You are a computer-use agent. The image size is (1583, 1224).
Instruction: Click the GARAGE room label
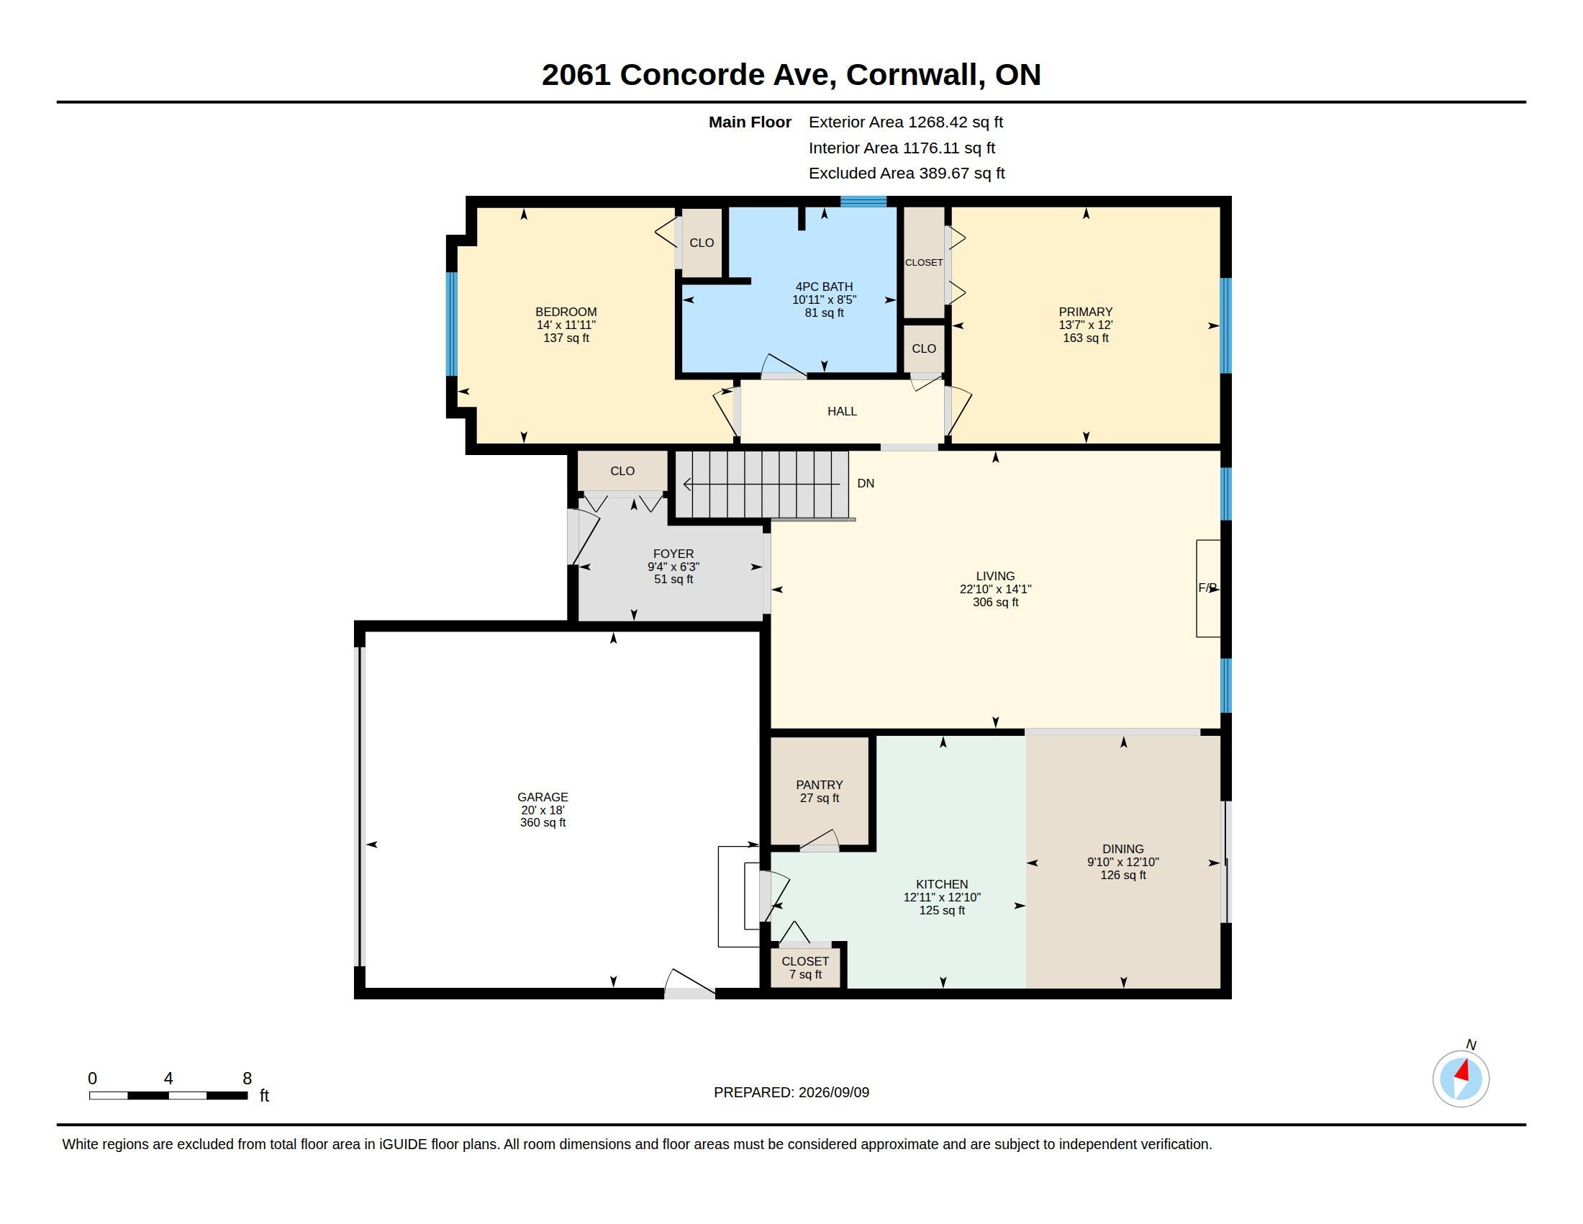tap(542, 796)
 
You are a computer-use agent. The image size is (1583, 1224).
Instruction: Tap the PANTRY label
tap(819, 785)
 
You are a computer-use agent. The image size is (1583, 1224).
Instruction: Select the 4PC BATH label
tap(824, 287)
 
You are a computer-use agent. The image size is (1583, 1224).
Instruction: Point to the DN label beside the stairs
tap(866, 483)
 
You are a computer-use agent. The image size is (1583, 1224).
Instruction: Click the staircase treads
tap(762, 485)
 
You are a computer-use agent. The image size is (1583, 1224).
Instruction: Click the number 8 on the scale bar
tap(247, 1079)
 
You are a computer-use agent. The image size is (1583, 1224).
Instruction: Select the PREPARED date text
tap(792, 1092)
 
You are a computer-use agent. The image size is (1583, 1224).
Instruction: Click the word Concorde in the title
tap(692, 75)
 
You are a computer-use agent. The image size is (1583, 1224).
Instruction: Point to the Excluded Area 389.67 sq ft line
tap(907, 174)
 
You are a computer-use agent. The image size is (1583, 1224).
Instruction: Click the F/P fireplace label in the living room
tap(1207, 588)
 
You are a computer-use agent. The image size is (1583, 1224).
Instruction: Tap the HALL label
tap(843, 411)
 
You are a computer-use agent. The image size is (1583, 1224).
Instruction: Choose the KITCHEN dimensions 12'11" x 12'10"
tap(942, 897)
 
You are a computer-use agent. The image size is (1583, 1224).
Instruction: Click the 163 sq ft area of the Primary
tap(1086, 338)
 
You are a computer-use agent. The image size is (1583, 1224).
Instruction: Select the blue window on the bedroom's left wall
tap(452, 324)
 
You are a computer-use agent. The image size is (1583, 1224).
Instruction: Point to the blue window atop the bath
tap(863, 201)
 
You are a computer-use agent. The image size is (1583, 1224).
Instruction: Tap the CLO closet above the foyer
tap(622, 472)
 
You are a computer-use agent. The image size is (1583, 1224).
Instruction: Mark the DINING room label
tap(1122, 849)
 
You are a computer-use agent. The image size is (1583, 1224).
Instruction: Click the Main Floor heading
tap(750, 122)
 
